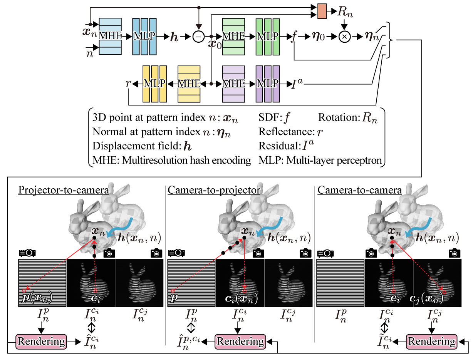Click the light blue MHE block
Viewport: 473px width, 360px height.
click(110, 37)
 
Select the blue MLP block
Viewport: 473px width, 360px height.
click(144, 37)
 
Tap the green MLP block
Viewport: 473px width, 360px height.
click(268, 37)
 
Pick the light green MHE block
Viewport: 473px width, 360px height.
click(233, 37)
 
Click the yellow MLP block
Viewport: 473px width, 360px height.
click(154, 84)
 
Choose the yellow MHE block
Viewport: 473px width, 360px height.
click(189, 84)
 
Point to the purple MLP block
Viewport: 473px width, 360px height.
click(268, 84)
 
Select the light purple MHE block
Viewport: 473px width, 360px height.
click(233, 84)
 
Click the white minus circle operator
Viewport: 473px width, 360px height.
click(198, 37)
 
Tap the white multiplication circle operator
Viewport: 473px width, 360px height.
click(344, 37)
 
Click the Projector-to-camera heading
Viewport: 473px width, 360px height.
click(63, 190)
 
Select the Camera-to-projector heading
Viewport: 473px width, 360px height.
click(214, 190)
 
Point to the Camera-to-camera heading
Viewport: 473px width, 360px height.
click(360, 190)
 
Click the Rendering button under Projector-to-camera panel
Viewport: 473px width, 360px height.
click(41, 341)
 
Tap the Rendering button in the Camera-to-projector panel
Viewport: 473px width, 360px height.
click(240, 341)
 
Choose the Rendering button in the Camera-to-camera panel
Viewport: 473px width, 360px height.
click(431, 341)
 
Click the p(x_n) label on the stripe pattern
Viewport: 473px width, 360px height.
click(36, 298)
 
